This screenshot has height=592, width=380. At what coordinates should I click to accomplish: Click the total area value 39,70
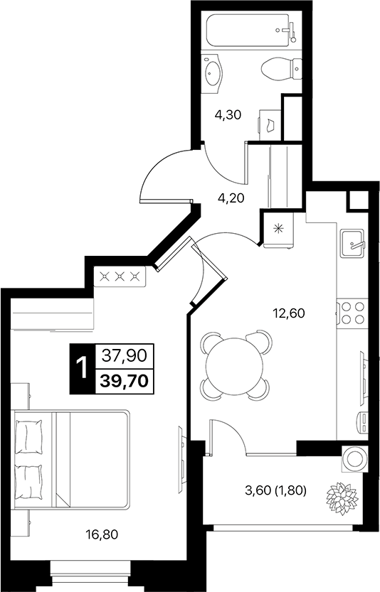pos(124,381)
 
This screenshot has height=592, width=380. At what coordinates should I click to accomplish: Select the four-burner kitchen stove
pos(352,314)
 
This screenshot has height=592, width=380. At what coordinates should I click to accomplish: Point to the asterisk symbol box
pos(277,230)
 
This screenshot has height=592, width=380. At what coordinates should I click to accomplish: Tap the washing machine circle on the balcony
pos(353,460)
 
